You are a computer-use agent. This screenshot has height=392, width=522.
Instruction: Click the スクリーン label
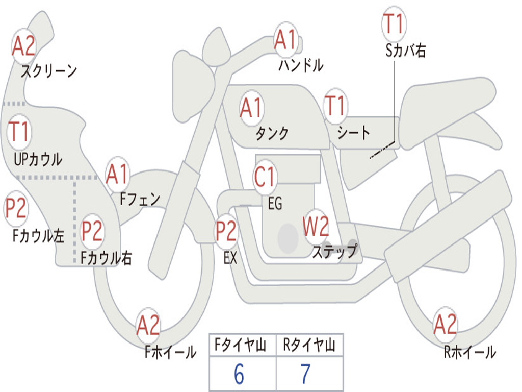[x=48, y=71]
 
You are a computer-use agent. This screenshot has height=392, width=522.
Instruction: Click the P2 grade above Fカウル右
[x=92, y=231]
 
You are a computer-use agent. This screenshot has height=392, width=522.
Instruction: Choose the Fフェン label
[x=140, y=199]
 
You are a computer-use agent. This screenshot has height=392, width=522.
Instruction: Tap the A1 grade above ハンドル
[x=285, y=40]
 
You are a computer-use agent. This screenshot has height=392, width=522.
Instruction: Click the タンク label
[x=272, y=133]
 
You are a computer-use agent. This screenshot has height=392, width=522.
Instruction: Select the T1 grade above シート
[x=335, y=106]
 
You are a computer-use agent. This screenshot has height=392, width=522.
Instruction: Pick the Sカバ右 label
[x=406, y=50]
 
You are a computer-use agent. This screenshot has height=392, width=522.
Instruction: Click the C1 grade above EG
[x=265, y=177]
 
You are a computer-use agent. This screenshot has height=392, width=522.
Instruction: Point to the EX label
[x=230, y=258]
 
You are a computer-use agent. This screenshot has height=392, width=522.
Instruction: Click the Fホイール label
[x=170, y=352]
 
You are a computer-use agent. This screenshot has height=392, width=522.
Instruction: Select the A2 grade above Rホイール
[x=445, y=325]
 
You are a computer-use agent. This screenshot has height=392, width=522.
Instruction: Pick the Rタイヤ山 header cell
[x=309, y=346]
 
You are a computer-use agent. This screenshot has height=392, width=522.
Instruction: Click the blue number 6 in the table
[x=239, y=375]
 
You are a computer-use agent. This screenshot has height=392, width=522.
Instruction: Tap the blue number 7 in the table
[x=305, y=375]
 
